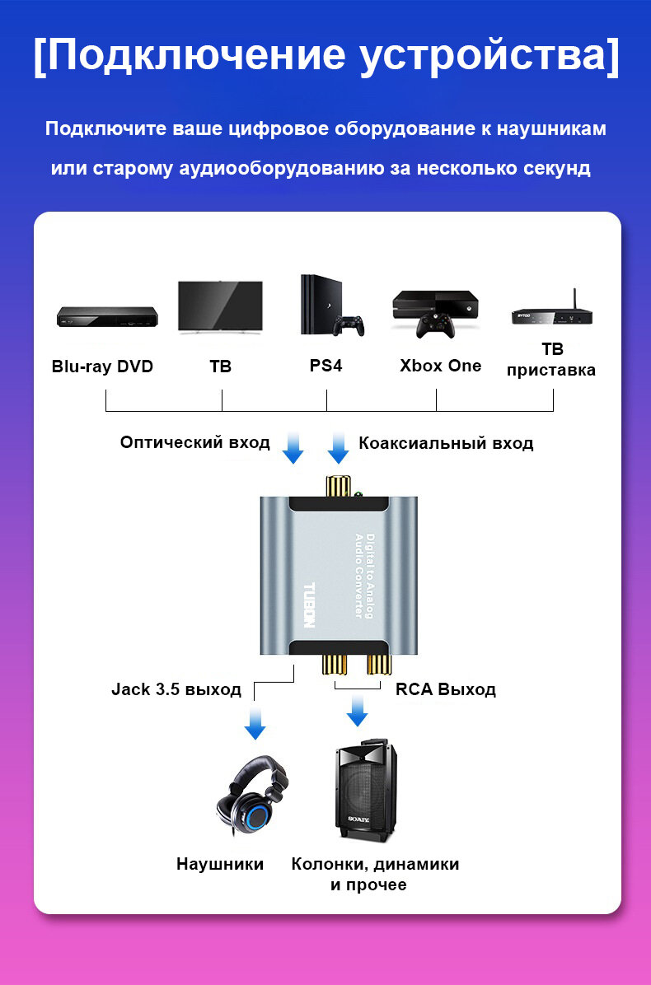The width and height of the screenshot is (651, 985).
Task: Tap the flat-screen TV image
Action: pos(220,307)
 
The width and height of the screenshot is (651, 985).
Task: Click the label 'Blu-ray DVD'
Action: pos(102,366)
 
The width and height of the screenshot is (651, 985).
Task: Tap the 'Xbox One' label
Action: pos(440,366)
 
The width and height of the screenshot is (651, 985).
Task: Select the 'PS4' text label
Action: pos(325,366)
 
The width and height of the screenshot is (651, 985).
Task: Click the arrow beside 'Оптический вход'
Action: pos(293,447)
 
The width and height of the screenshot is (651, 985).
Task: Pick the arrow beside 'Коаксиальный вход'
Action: pos(338,447)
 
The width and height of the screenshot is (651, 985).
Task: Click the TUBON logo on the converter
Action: pos(309,605)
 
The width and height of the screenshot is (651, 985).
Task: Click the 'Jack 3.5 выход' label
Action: pos(176,689)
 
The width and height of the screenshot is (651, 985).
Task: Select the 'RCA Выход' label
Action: pos(445,689)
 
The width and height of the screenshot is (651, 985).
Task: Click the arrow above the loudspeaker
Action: pos(357,710)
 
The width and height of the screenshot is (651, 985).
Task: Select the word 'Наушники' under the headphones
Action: pos(220,864)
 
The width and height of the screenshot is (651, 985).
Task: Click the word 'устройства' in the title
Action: pos(489,55)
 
